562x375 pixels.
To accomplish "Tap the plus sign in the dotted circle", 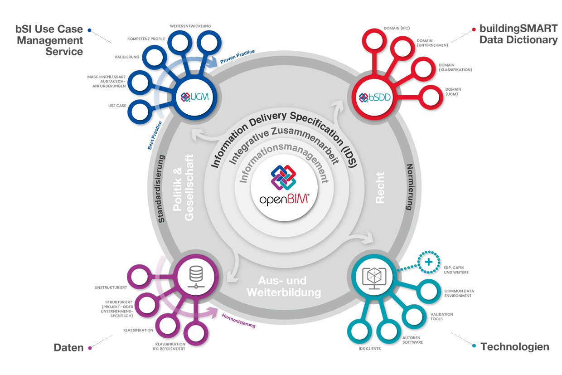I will tap(428, 262).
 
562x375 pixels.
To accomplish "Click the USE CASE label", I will tap(117, 106).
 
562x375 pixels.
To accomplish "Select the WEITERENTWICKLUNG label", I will tap(190, 26).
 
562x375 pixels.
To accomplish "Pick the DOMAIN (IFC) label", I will tap(397, 29).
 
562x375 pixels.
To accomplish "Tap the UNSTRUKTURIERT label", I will tap(111, 287).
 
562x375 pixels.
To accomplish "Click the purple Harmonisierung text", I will tap(238, 321).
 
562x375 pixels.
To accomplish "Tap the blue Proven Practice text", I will tap(237, 56).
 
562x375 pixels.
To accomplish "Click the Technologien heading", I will tap(514, 347).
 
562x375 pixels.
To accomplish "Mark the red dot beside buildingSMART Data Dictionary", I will tap(474, 28).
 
